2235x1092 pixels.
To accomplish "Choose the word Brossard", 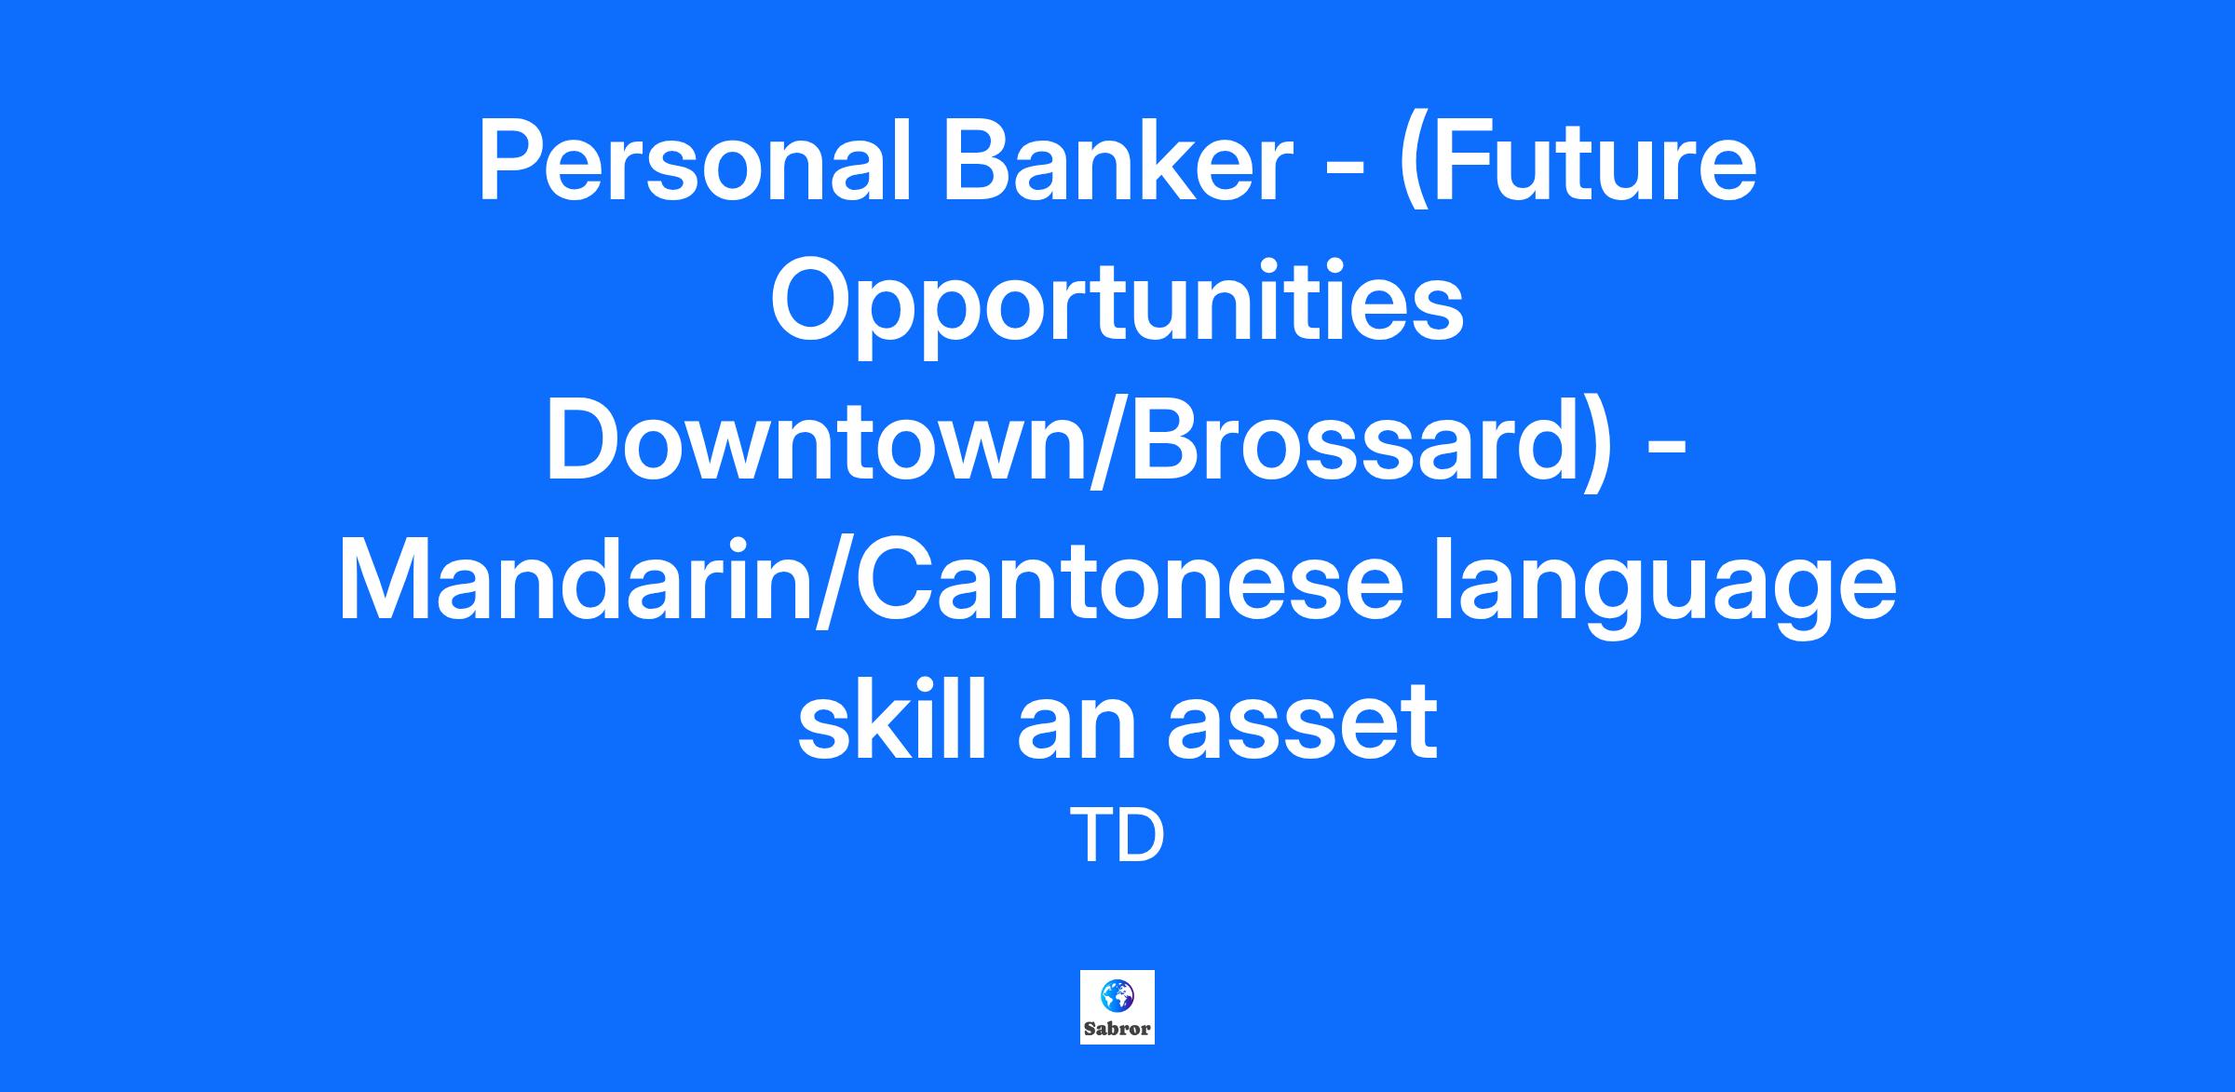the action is (x=1356, y=442).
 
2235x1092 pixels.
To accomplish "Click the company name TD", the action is (x=1117, y=836).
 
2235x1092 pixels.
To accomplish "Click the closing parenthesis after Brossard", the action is (x=1598, y=447).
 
